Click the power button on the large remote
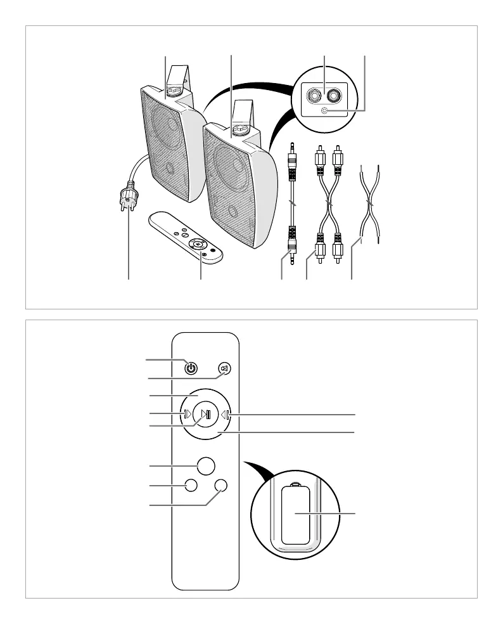point(191,368)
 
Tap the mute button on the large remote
point(223,368)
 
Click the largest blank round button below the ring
point(205,465)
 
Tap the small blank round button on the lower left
point(189,485)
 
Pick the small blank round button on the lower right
point(221,485)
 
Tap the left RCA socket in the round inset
point(313,96)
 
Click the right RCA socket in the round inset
point(336,96)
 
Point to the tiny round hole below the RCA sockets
point(324,111)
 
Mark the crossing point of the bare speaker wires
point(369,206)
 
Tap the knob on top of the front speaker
point(240,130)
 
